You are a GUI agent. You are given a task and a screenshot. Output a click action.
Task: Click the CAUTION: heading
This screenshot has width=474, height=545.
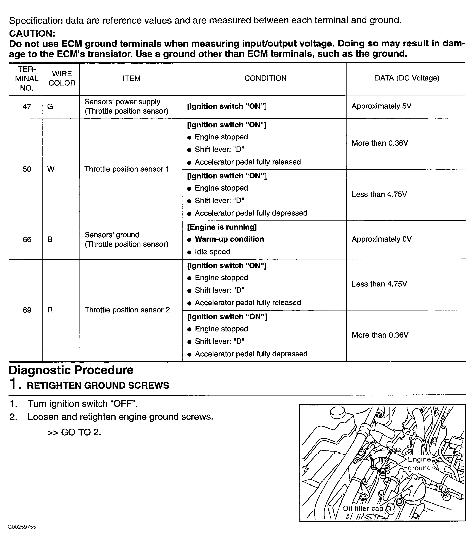[32, 34]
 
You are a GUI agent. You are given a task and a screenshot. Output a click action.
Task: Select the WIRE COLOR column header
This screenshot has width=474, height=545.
[62, 78]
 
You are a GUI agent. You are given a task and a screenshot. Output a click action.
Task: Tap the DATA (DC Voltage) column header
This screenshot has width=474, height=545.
[407, 78]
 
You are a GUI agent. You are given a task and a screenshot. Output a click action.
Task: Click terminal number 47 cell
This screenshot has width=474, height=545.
[27, 106]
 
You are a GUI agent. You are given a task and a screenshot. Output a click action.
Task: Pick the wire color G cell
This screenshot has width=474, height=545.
[50, 106]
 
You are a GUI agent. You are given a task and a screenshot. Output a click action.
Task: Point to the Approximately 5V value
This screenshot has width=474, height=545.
[381, 106]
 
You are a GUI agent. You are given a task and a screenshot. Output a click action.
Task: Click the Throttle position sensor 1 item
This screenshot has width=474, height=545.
[127, 169]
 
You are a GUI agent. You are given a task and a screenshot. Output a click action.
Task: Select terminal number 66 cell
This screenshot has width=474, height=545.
[27, 239]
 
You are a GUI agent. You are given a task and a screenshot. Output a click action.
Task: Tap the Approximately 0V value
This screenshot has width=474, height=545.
[381, 239]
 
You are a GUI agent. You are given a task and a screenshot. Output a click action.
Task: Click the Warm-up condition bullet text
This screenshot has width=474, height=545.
[229, 239]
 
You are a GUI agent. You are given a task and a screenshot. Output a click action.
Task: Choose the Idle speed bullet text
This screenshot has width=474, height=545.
[212, 252]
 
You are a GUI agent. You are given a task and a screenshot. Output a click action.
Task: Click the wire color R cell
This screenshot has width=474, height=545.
[50, 310]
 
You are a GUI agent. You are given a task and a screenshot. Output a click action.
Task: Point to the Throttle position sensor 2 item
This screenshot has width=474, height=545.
[127, 310]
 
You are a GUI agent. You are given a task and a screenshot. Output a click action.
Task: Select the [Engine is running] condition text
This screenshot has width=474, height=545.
[222, 227]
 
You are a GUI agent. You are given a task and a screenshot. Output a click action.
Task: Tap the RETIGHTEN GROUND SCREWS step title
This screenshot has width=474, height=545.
[98, 386]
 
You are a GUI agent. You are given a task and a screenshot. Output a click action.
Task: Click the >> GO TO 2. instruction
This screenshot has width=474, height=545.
[74, 432]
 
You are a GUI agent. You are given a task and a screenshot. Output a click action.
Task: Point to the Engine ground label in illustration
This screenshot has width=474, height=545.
[419, 463]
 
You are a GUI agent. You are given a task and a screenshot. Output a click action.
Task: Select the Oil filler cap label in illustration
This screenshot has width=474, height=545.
[363, 508]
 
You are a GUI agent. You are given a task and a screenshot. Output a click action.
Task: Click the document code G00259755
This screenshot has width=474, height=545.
[22, 527]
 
